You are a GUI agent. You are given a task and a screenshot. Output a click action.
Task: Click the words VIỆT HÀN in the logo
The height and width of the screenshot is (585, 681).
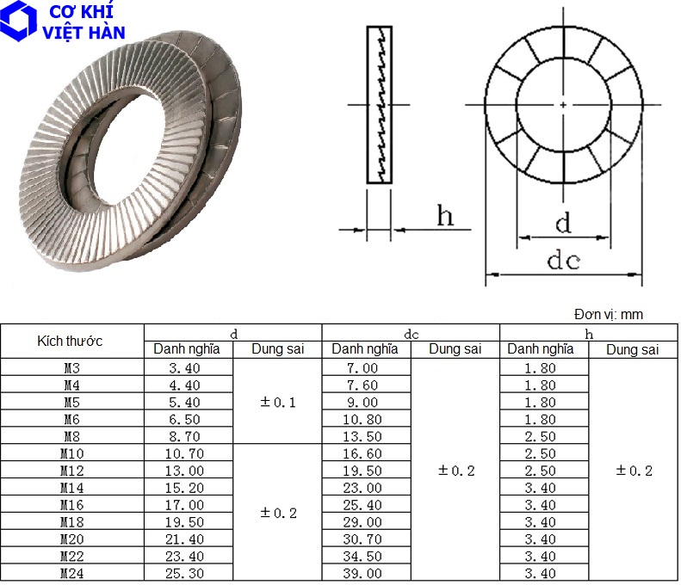[x=84, y=33]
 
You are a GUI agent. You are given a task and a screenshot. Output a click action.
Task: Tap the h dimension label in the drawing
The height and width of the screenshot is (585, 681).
[x=444, y=216]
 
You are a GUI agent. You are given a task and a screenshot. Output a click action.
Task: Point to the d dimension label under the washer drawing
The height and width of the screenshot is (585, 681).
[x=562, y=224]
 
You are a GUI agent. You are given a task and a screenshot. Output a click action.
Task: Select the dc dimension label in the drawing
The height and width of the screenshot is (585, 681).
[x=563, y=261]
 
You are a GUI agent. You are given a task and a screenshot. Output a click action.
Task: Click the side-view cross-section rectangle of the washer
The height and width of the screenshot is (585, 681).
[x=379, y=104]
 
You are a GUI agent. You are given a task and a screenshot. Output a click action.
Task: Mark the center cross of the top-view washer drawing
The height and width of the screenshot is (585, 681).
[x=563, y=104]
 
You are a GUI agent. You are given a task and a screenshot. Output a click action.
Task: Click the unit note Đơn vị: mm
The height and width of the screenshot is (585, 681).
[x=608, y=315]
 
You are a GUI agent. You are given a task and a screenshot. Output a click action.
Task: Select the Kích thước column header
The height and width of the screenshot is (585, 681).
[x=71, y=341]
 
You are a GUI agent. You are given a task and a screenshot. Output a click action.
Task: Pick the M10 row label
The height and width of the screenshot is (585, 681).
[x=71, y=453]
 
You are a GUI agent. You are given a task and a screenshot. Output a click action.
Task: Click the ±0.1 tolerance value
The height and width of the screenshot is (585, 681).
[x=278, y=402]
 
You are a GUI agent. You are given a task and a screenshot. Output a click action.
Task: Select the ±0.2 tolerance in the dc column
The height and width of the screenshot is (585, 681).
[x=456, y=471]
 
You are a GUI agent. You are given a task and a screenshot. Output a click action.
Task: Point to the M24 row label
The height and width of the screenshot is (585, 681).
[x=71, y=574]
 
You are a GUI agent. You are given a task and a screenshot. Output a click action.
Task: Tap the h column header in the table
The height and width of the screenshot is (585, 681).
[x=589, y=333]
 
